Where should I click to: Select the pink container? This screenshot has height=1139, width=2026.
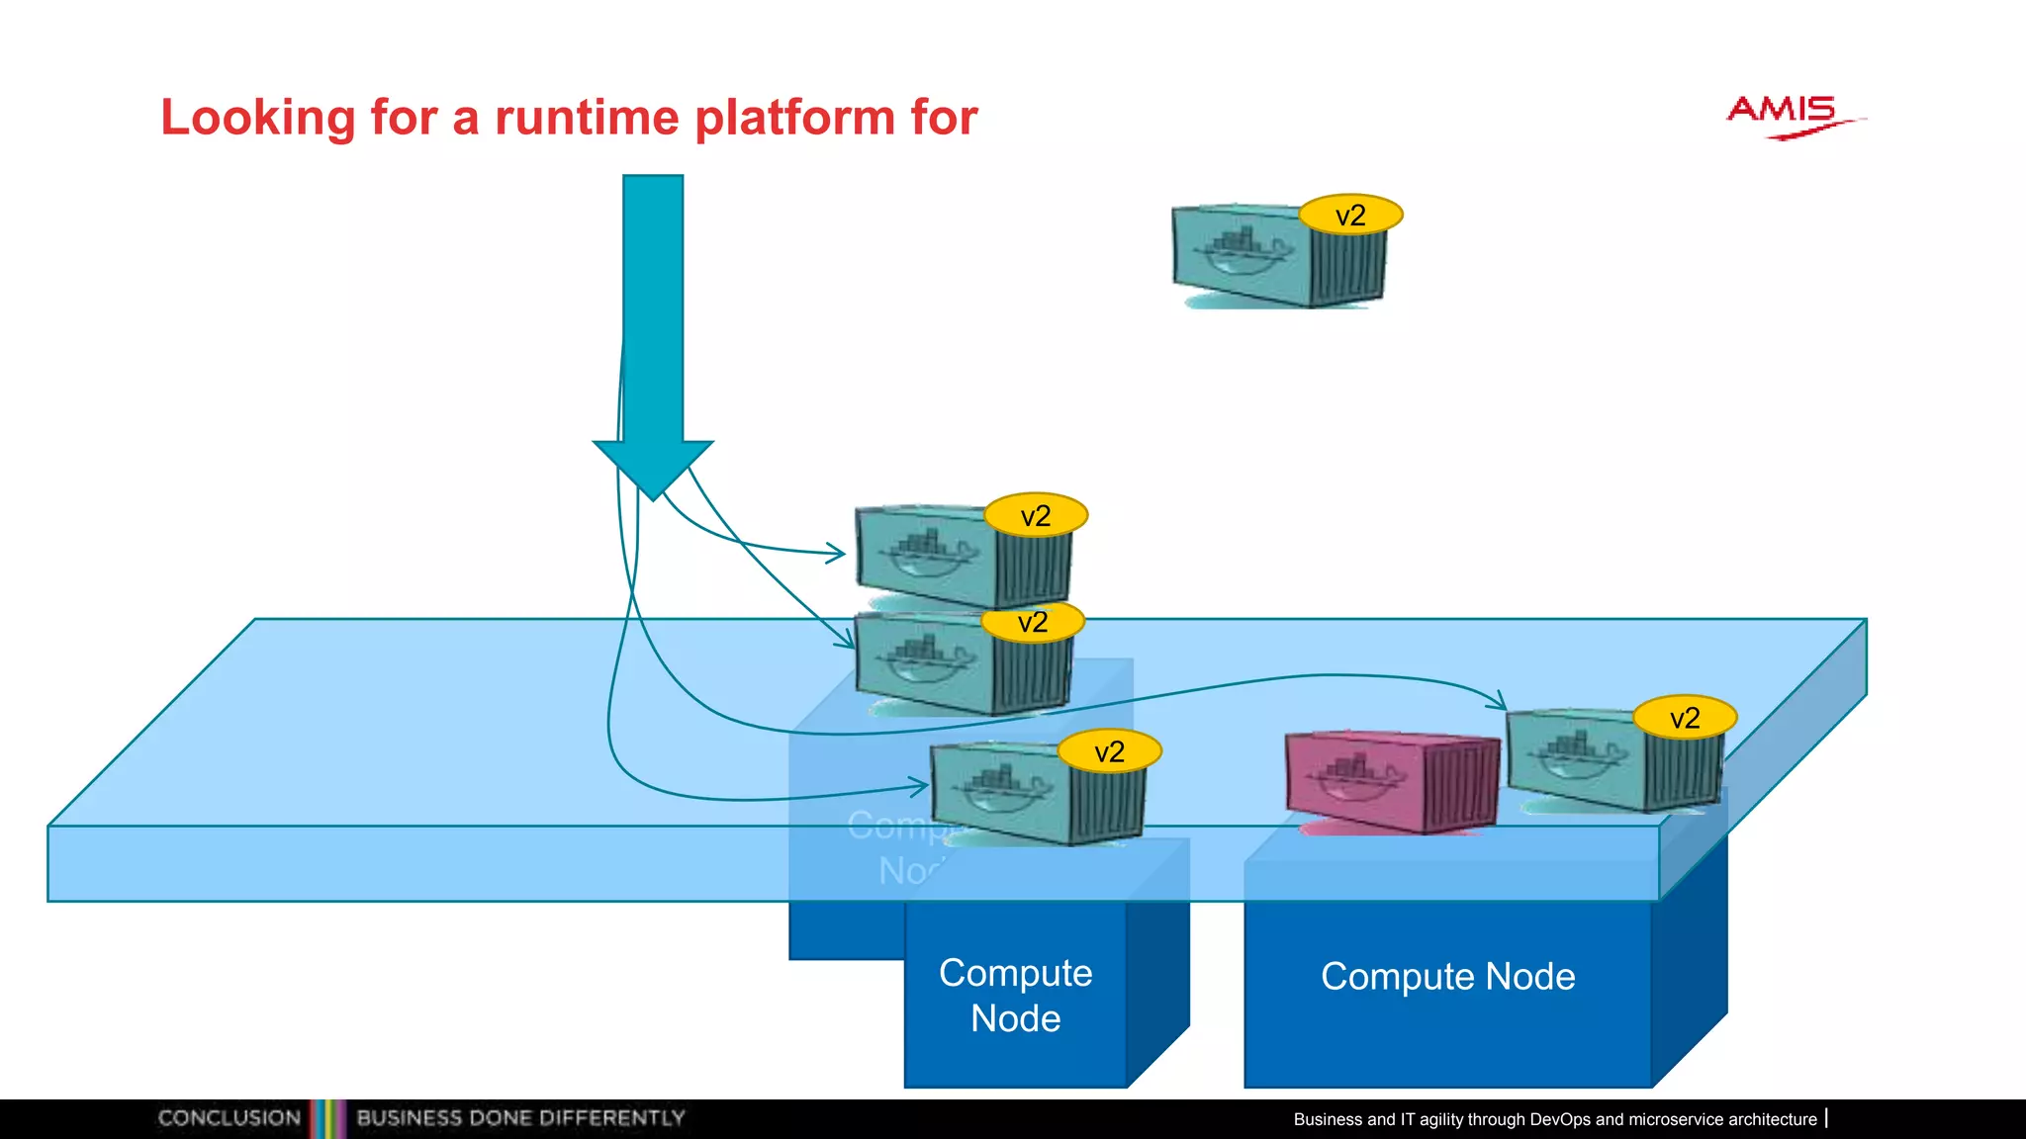1390,781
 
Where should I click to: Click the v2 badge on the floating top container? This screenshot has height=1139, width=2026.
1350,215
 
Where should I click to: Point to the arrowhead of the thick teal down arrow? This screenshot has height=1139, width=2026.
653,469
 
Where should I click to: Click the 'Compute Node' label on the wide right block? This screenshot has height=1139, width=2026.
1447,977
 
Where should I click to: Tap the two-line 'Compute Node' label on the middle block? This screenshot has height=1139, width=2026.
1016,996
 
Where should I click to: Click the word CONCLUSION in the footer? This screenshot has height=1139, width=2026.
230,1118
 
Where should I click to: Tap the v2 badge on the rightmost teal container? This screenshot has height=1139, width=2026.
1684,718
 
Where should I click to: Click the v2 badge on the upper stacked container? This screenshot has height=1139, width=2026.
1036,515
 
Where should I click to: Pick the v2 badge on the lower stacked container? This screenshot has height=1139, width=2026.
1033,622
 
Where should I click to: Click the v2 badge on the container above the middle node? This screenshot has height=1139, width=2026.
1109,751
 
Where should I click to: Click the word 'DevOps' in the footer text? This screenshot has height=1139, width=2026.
1560,1119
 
